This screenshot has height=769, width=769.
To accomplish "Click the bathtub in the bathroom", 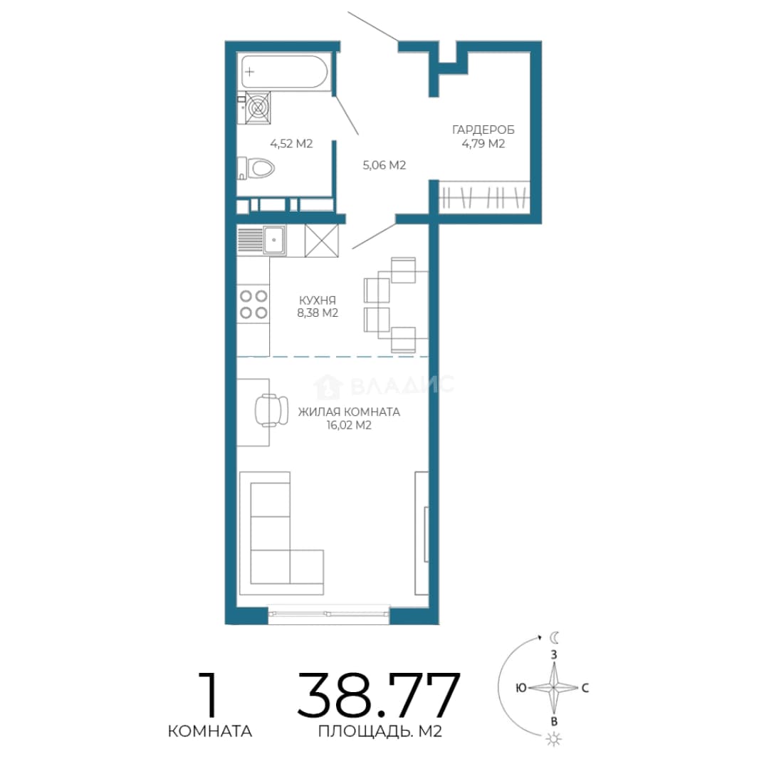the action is [x=284, y=72].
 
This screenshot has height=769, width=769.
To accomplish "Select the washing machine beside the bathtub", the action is [x=258, y=108].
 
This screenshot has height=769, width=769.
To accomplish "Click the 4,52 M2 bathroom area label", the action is [x=291, y=144].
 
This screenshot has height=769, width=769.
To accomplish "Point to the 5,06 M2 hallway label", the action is [x=384, y=165].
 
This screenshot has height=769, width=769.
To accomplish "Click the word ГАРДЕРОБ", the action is [x=483, y=130].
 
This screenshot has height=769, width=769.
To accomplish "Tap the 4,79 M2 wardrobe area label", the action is [x=483, y=144].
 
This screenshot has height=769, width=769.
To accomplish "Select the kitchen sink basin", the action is [x=273, y=240].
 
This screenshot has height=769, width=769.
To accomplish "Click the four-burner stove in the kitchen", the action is [x=253, y=304].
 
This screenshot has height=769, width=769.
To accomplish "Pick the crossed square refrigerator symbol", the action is [x=321, y=241].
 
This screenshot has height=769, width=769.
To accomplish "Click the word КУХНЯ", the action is [x=318, y=300].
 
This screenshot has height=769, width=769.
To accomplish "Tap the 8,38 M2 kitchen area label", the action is [x=318, y=313].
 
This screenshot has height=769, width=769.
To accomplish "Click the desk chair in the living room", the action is [x=271, y=410].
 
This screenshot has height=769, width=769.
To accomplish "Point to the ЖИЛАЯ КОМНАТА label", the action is [x=349, y=412].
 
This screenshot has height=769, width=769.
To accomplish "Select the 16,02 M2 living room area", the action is [x=349, y=425].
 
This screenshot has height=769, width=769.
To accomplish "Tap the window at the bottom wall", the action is [x=328, y=614].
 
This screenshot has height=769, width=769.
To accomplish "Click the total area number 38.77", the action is [x=379, y=696].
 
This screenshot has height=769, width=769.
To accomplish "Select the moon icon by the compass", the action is [x=554, y=637].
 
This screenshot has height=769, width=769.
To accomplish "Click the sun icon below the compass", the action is [x=554, y=739].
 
